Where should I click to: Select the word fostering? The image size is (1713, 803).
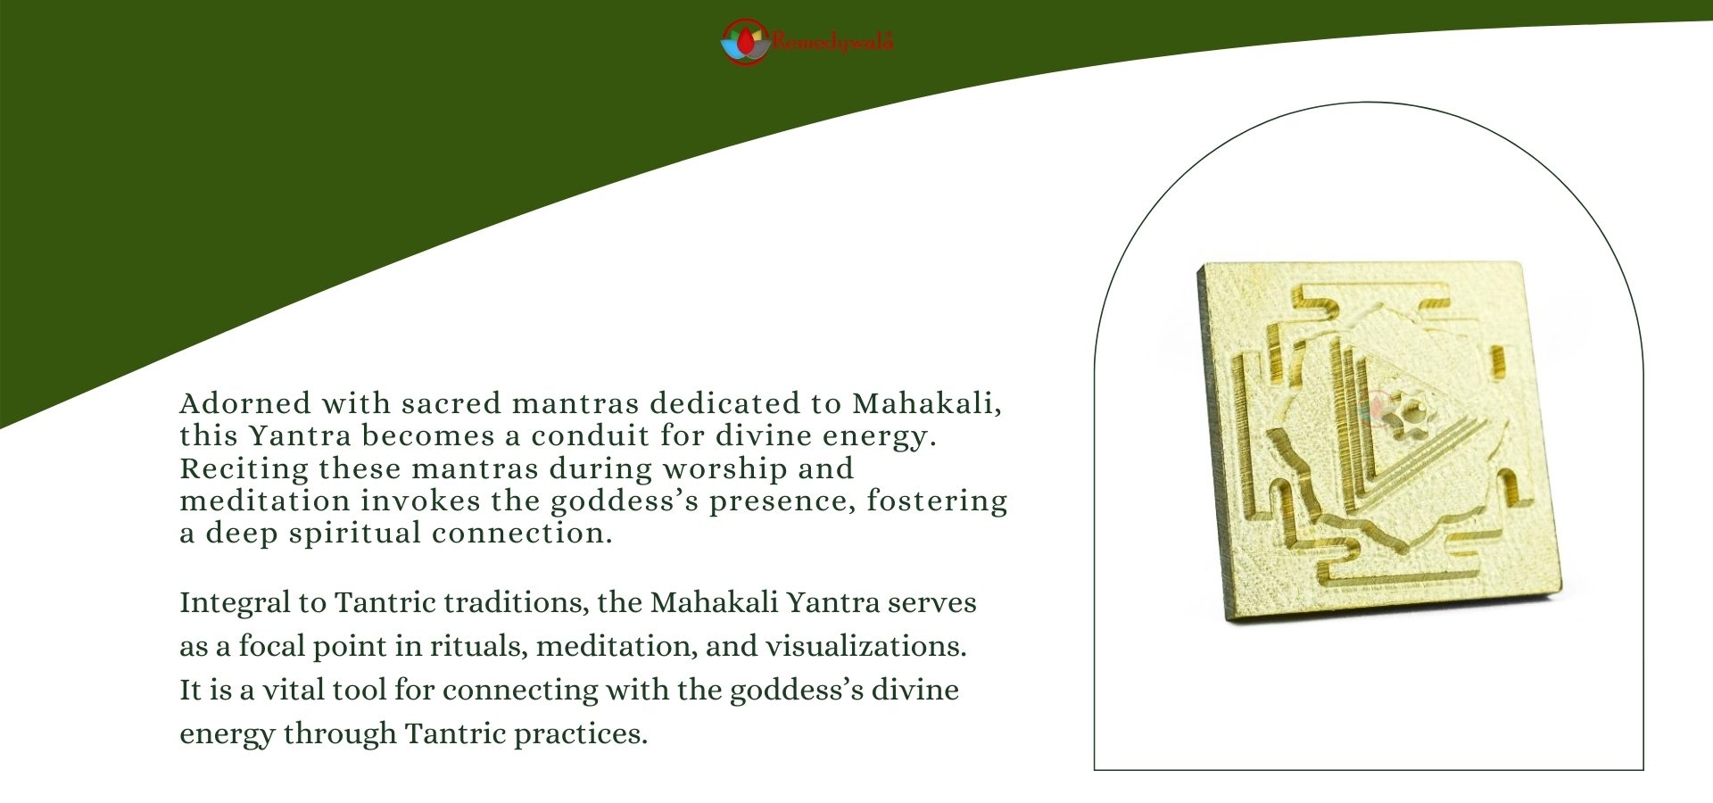pos(937,501)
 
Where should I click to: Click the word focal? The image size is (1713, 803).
pos(271,647)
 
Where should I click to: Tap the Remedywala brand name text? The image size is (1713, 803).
pos(832,42)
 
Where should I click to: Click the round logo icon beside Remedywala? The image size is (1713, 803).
pos(745,42)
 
